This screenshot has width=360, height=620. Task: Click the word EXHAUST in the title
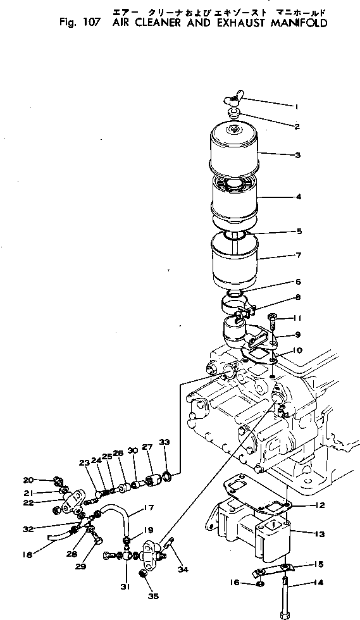point(225,23)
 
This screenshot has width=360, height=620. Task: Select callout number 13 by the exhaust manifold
point(320,534)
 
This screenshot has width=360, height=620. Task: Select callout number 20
point(46,480)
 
